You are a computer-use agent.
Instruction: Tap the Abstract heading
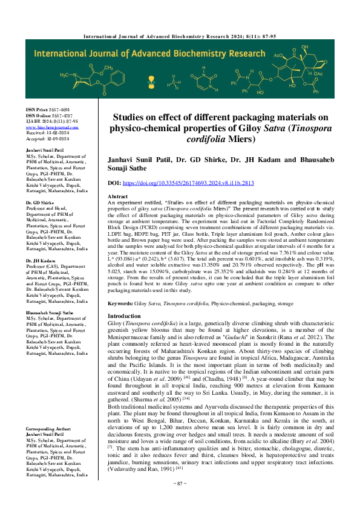point(117,197)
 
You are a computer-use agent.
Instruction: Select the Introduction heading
point(124,316)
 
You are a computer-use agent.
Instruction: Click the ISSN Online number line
point(48,114)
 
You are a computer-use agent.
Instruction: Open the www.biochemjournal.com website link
point(48,128)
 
